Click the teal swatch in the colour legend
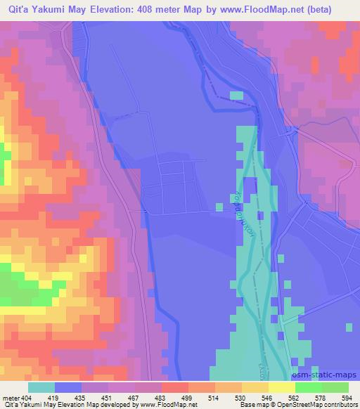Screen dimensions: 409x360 click(x=41, y=387)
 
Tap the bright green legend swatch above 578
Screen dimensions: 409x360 click(x=308, y=387)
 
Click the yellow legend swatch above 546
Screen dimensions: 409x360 click(x=281, y=387)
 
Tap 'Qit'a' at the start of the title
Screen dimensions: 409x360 click(x=15, y=9)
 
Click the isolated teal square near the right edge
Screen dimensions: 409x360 click(x=349, y=326)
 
